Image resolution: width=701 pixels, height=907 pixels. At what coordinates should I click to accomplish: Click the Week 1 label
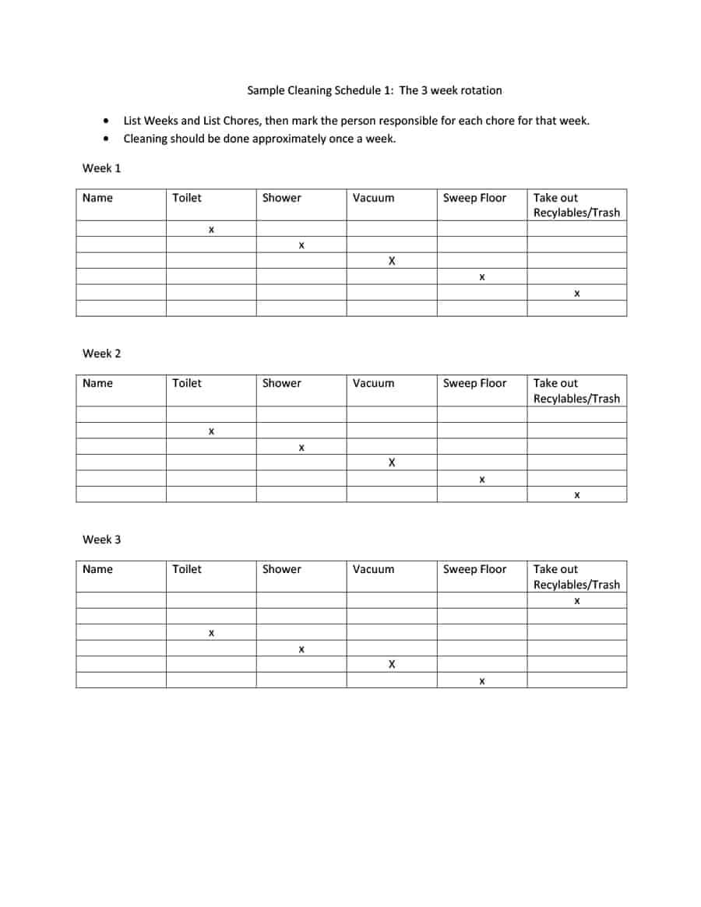(102, 168)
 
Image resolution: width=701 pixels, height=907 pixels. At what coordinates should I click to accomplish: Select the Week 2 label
(102, 353)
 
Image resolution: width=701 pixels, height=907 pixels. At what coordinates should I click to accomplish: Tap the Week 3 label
(102, 540)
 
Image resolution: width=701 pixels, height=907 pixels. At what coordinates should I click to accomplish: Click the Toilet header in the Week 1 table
(187, 198)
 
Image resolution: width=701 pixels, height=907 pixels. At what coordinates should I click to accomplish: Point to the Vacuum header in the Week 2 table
(373, 383)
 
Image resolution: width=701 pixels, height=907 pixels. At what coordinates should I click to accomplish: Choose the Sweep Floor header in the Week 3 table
(474, 569)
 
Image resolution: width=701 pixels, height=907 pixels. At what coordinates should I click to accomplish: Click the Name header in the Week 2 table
(97, 383)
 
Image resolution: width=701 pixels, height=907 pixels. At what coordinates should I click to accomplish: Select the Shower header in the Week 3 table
(281, 569)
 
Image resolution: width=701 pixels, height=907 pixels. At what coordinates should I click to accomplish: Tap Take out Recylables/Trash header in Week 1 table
(576, 206)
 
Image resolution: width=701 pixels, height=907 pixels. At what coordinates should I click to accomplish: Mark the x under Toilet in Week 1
(211, 230)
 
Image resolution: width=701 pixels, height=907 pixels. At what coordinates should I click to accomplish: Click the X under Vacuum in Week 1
(392, 262)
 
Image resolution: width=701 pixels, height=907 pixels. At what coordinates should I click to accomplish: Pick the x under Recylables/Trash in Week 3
(576, 602)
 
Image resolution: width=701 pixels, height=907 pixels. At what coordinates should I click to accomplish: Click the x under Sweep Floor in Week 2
(482, 480)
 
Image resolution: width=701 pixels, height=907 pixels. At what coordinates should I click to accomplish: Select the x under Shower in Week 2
(301, 448)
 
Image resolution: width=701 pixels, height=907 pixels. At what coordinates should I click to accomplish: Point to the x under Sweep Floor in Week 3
(482, 681)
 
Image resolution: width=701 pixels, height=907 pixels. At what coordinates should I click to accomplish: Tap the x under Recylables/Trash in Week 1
(576, 294)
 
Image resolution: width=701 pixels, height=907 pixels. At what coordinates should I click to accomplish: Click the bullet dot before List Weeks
(106, 121)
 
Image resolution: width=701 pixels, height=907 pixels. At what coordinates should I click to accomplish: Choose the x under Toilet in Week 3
(211, 634)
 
